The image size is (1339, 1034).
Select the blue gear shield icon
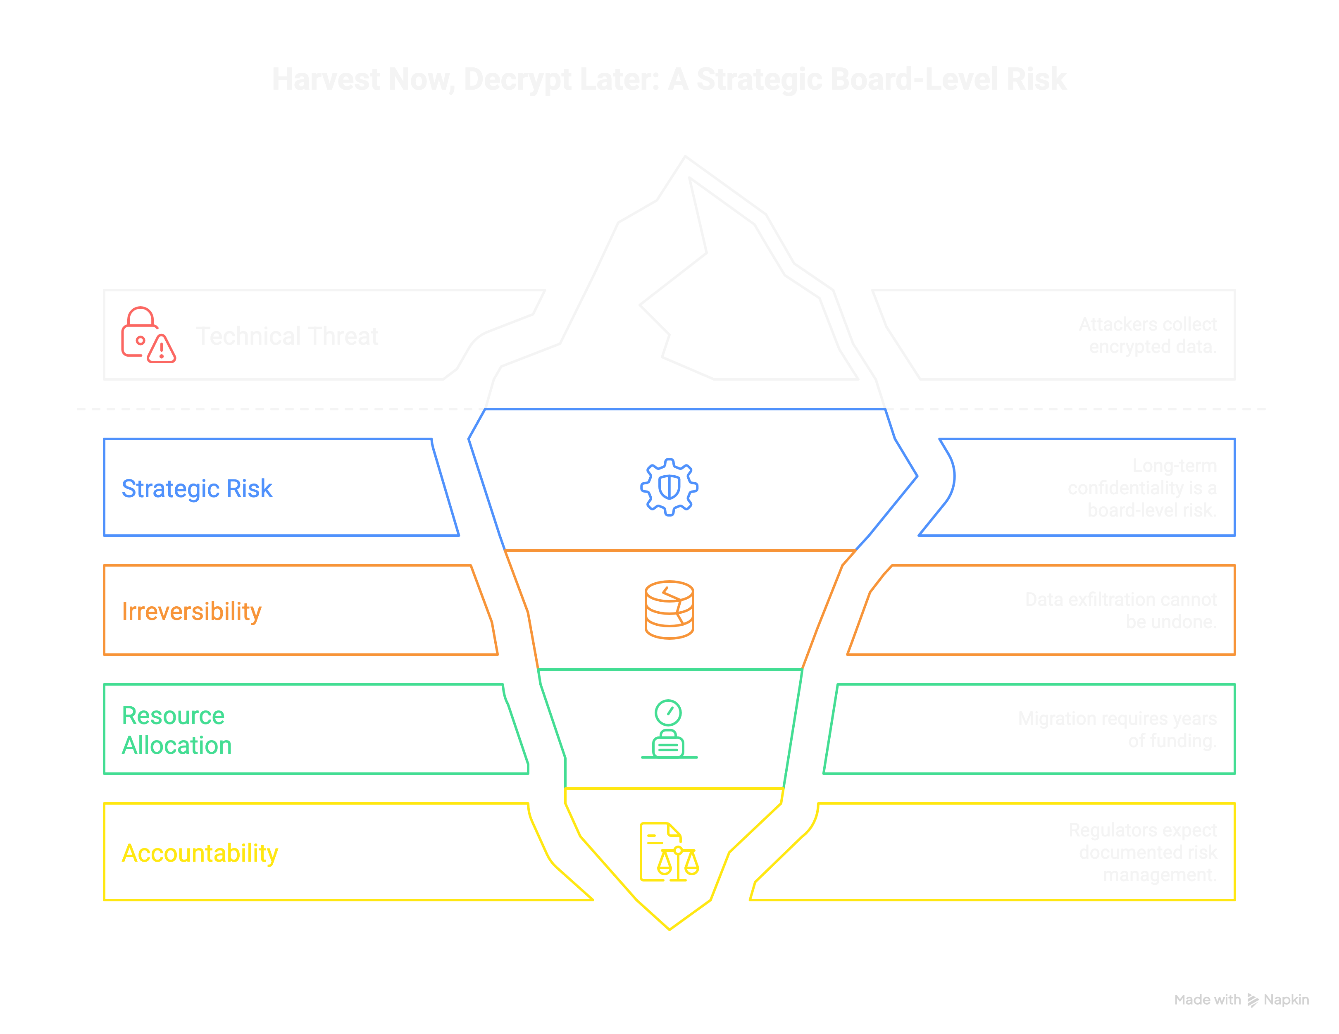(669, 487)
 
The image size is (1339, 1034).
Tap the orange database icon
(669, 610)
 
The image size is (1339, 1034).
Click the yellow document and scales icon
(669, 852)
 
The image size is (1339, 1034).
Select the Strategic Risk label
(197, 488)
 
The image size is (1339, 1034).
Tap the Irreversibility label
(191, 611)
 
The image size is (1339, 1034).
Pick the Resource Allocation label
(176, 730)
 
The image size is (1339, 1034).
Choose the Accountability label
(200, 853)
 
